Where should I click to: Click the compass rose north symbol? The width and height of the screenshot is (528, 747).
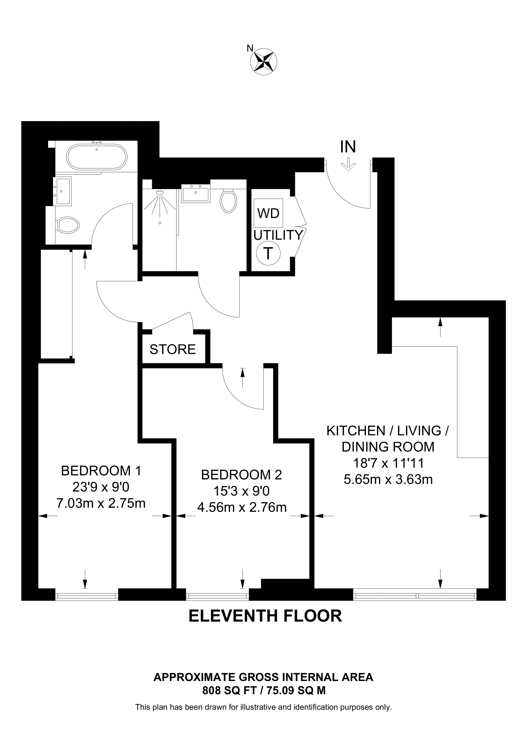pos(264,61)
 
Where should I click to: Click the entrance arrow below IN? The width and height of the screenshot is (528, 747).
pos(348,165)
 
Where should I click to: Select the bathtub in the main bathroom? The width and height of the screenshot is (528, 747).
pos(97,157)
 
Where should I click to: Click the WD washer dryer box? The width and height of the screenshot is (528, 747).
pos(268,213)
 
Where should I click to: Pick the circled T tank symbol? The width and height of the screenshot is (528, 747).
pos(268,253)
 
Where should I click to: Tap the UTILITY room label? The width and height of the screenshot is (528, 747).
pos(278,235)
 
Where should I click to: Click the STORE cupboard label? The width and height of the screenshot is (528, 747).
pos(172,349)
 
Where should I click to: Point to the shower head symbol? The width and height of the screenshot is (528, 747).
pos(160,193)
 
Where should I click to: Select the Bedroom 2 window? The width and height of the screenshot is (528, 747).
pos(217,596)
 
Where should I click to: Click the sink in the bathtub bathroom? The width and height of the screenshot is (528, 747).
pos(62,191)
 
